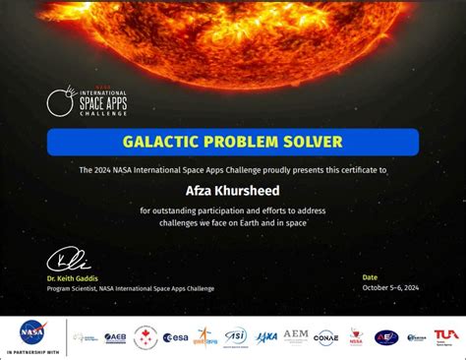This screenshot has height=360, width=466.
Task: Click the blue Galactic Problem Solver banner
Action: tap(233, 142)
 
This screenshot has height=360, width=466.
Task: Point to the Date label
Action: tap(369, 277)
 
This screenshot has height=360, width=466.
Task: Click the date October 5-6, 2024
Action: tap(390, 287)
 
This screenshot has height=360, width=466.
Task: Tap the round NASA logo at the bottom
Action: tap(31, 332)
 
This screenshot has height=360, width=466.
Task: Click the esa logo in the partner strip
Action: tap(175, 337)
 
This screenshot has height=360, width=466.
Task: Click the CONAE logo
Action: tap(325, 337)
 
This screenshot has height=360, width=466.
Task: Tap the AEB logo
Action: tap(115, 337)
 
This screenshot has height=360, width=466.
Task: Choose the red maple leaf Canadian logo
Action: tap(146, 337)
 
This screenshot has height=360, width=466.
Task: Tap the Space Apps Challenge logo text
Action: tap(102, 102)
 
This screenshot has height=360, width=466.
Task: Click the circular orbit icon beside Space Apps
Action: tap(60, 100)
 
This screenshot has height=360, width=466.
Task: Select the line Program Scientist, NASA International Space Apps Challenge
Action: tap(130, 288)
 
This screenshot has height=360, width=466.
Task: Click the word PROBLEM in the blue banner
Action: tap(232, 142)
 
